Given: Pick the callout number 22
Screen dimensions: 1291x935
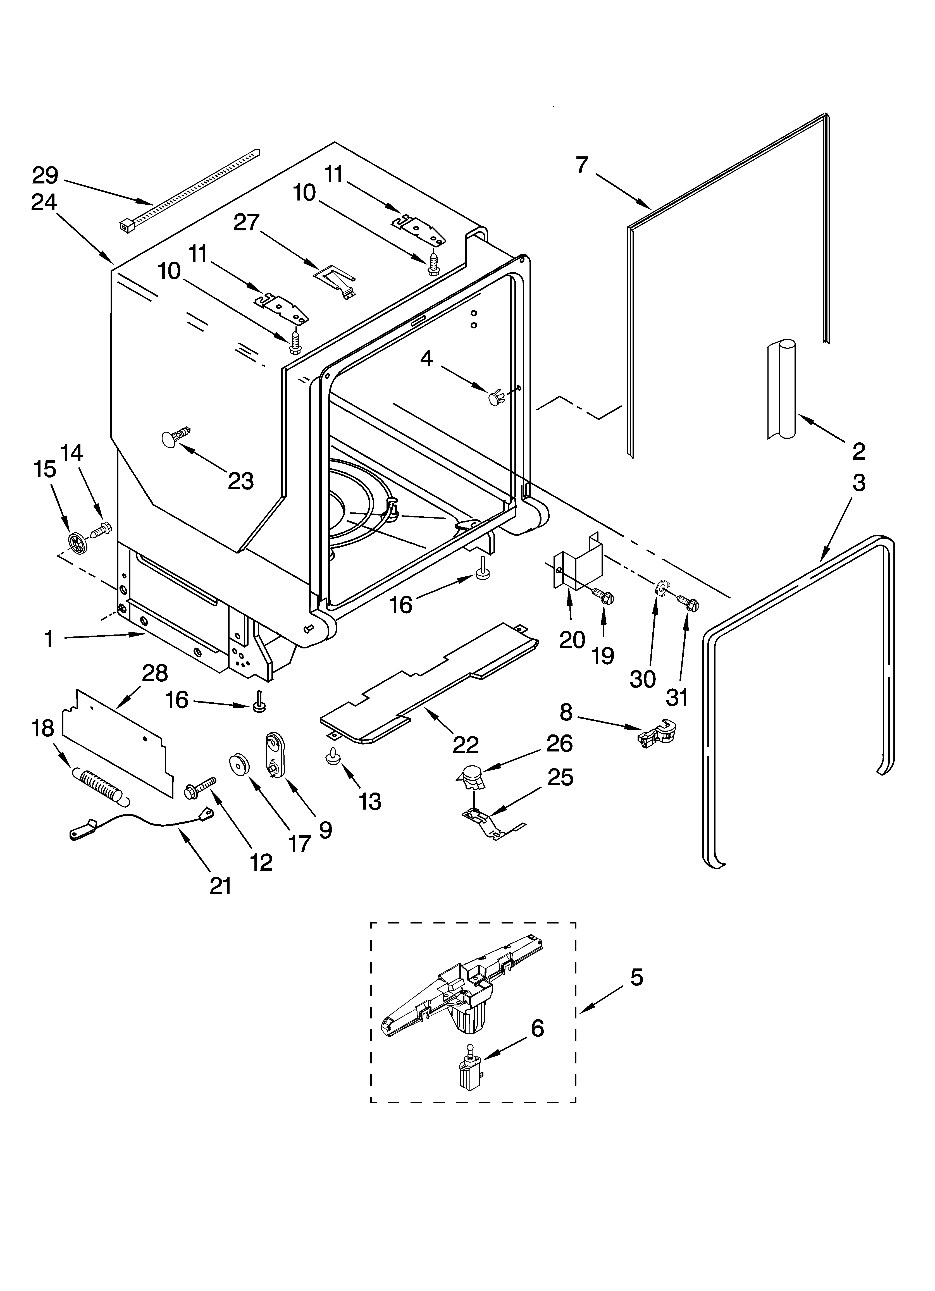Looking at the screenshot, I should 465,744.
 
